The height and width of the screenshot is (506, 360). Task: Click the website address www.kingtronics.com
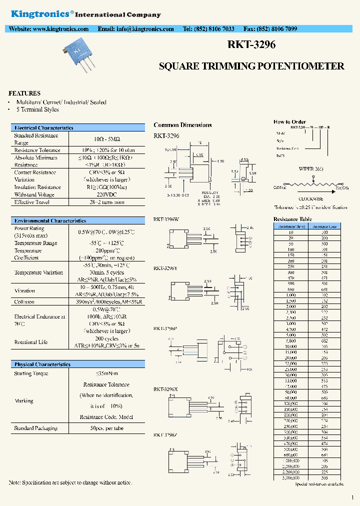pos(59,29)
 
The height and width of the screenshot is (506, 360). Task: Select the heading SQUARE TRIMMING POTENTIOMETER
pos(251,66)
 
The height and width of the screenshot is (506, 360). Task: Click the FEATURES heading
pos(24,93)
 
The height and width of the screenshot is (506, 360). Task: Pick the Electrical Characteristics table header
pos(44,128)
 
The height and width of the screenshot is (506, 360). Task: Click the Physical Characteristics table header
pos(42,364)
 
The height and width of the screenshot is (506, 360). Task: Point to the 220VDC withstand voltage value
pos(105,194)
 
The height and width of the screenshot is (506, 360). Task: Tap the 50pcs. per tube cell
pos(105,428)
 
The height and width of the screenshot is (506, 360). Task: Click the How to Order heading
pos(289,122)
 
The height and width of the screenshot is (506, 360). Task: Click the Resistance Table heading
pos(293,219)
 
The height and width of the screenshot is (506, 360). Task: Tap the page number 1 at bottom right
pos(352,497)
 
